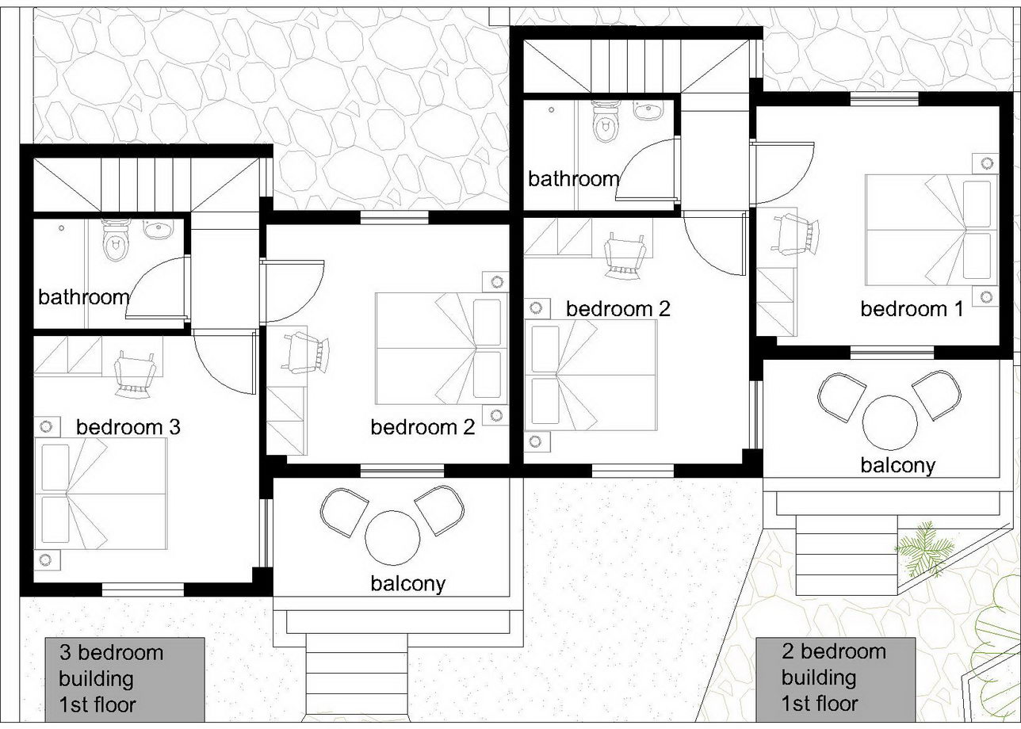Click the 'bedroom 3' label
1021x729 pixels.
128,427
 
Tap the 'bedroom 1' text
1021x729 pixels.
912,309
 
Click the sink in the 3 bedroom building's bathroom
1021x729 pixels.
158,230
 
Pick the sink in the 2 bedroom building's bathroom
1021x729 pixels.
648,111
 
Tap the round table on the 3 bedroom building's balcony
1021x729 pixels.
392,537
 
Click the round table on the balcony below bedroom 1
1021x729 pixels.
889,422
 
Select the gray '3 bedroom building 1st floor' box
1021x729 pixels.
124,679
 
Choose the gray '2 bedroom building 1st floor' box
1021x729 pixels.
836,679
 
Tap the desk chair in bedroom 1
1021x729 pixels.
794,235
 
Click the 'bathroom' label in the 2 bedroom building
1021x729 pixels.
574,179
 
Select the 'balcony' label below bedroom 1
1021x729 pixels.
898,465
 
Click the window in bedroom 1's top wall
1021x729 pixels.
885,99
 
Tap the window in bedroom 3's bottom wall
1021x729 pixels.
143,589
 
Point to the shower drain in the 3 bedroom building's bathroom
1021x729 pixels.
61,228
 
